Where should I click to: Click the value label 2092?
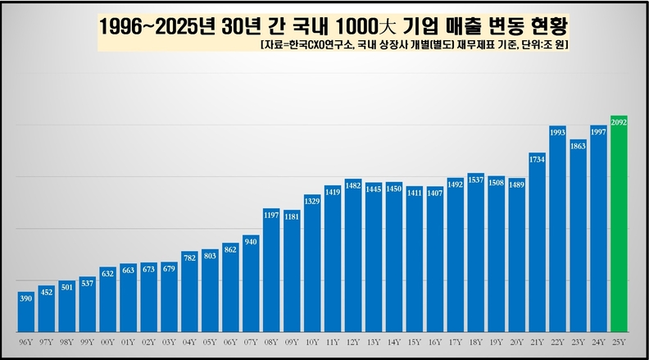click(x=619, y=121)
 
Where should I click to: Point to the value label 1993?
click(x=558, y=131)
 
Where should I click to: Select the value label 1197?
click(x=272, y=214)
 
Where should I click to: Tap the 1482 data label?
click(x=354, y=185)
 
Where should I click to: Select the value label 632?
click(x=108, y=272)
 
